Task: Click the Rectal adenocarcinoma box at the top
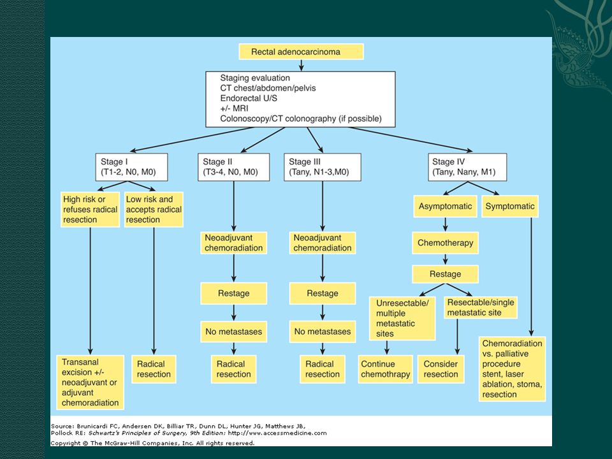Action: [301, 52]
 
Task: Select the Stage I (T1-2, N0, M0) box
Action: [131, 167]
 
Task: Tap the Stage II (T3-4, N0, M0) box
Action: [233, 167]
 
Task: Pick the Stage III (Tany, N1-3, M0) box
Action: [322, 167]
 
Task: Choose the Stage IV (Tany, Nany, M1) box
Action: [467, 167]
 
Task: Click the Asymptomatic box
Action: [445, 207]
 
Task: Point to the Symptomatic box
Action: [510, 207]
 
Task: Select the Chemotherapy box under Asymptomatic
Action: [445, 243]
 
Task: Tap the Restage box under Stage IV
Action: [445, 274]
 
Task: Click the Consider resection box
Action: [441, 369]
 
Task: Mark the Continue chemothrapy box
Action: [385, 369]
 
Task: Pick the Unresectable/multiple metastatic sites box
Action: [402, 318]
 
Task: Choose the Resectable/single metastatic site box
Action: [481, 307]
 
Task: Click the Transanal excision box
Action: [90, 382]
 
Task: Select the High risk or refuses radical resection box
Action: [90, 209]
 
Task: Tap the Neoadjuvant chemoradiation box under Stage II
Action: [233, 243]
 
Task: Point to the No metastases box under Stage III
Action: [323, 331]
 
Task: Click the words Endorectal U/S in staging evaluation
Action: [249, 98]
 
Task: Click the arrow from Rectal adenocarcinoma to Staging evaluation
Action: [301, 65]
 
